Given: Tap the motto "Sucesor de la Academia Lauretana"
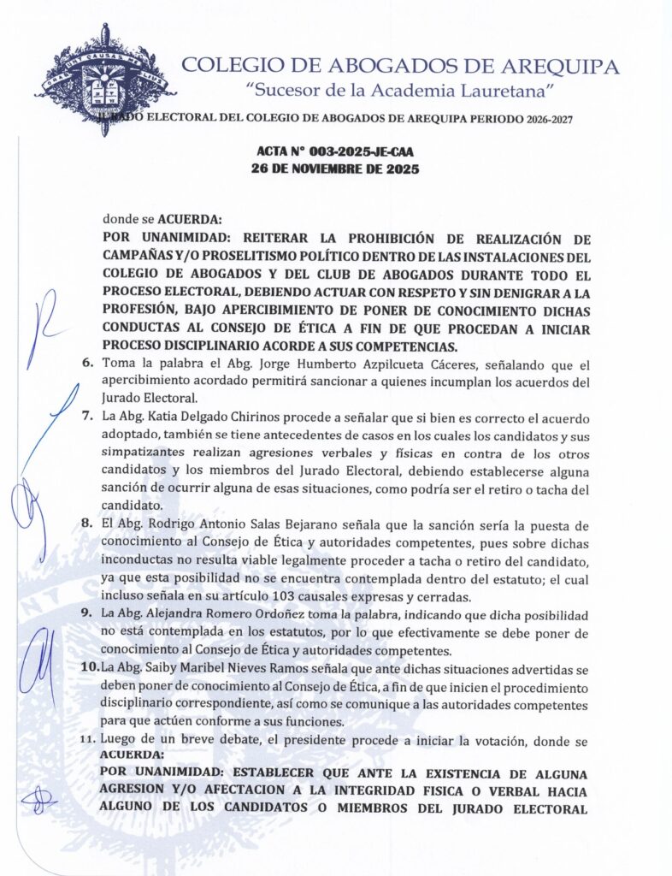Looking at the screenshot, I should pos(401,90).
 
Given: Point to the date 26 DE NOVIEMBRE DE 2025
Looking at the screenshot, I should pos(335,169).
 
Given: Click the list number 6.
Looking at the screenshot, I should pos(88,364).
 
